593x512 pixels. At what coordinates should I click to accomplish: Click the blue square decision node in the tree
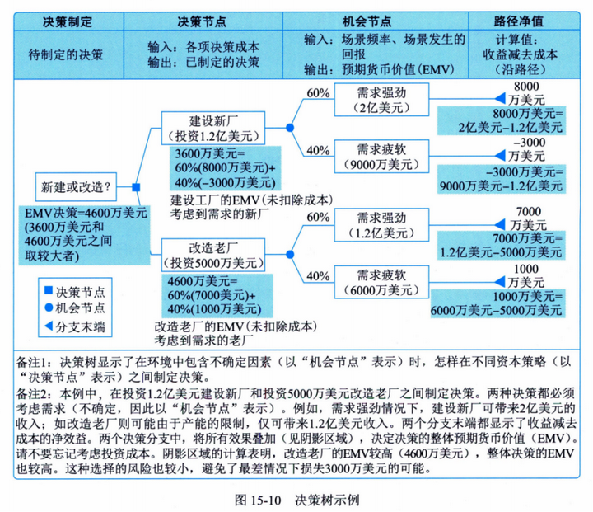pyautogui.click(x=136, y=188)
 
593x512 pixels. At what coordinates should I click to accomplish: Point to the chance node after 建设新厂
pyautogui.click(x=289, y=128)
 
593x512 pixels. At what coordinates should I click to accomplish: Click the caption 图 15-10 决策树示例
pyautogui.click(x=296, y=500)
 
